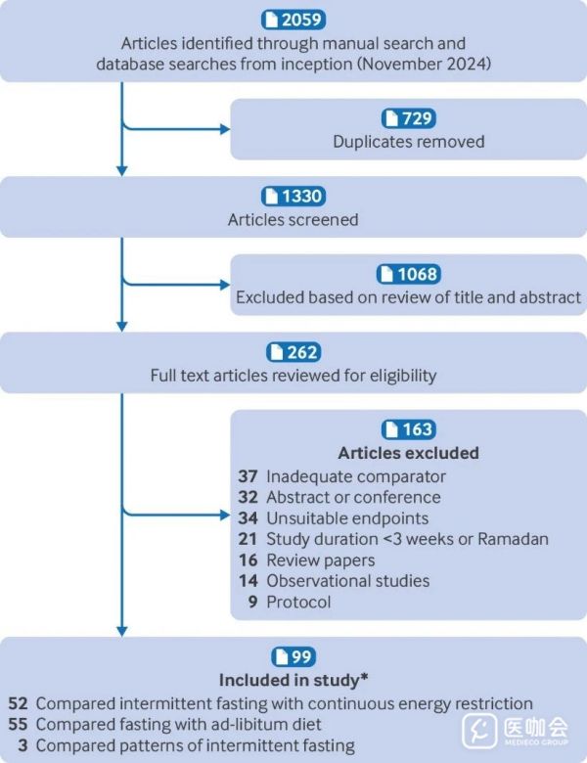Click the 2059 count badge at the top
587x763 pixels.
[x=293, y=20]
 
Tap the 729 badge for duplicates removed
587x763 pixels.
[x=409, y=118]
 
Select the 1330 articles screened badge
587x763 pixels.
[x=293, y=196]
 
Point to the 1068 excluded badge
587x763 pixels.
[x=409, y=274]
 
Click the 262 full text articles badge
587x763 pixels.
[x=293, y=352]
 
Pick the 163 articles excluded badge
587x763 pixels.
[x=409, y=429]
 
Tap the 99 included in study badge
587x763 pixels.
[x=293, y=656]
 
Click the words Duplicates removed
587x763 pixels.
[x=409, y=142]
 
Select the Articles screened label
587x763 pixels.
[x=293, y=219]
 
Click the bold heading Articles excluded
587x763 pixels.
[x=409, y=453]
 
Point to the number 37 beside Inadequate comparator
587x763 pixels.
[x=248, y=476]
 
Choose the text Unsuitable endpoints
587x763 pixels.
[x=347, y=518]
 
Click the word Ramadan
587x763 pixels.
[x=513, y=539]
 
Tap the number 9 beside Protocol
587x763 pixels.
[x=252, y=602]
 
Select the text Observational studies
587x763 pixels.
[x=348, y=581]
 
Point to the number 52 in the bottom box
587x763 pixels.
[x=18, y=703]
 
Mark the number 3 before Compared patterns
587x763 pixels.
[x=23, y=745]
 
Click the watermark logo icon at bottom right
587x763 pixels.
[x=479, y=731]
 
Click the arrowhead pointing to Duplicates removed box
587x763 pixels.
[x=225, y=129]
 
